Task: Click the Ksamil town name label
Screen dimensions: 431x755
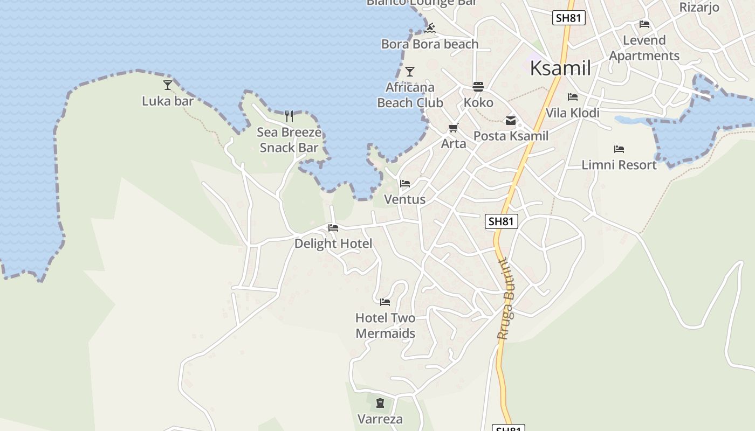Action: pyautogui.click(x=560, y=68)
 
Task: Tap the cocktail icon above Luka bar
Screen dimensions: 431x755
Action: pyautogui.click(x=168, y=85)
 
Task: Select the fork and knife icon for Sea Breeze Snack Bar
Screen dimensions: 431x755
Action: pyautogui.click(x=289, y=116)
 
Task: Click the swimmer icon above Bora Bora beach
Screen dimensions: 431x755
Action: pyautogui.click(x=430, y=28)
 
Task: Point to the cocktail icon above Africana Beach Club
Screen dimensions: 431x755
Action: pyautogui.click(x=410, y=72)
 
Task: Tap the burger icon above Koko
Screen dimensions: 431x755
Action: pyautogui.click(x=478, y=87)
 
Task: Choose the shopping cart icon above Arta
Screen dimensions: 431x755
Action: pyautogui.click(x=454, y=128)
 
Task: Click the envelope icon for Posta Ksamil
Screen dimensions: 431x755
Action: pyautogui.click(x=510, y=121)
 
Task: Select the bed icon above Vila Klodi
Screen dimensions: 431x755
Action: pyautogui.click(x=573, y=97)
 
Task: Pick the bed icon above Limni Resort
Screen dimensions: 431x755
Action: pyautogui.click(x=619, y=149)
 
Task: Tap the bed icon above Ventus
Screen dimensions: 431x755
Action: pyautogui.click(x=405, y=184)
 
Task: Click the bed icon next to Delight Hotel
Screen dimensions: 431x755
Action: pyautogui.click(x=333, y=228)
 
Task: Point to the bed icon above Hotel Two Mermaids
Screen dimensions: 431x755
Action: pyautogui.click(x=385, y=302)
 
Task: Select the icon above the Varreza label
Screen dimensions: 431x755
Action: pyautogui.click(x=380, y=402)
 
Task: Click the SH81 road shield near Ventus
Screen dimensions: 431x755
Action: pyautogui.click(x=501, y=221)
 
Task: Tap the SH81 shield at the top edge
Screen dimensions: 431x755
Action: pyautogui.click(x=569, y=18)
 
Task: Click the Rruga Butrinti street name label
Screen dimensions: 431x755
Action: pyautogui.click(x=506, y=299)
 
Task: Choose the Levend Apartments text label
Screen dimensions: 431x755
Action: pyautogui.click(x=644, y=48)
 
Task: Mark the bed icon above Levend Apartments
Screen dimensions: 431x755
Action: pyautogui.click(x=644, y=24)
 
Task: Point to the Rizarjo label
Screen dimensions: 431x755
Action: pyautogui.click(x=699, y=7)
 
